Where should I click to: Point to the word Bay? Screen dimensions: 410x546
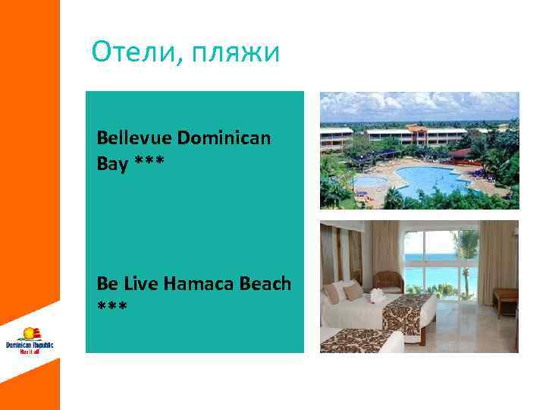coord(111,162)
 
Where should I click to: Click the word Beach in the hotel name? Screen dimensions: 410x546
coord(264,283)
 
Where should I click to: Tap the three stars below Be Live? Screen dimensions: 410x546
coord(112,307)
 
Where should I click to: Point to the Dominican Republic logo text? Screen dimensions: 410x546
coord(30,346)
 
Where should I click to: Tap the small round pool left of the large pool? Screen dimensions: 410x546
coord(369,181)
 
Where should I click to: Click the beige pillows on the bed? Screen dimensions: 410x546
coord(344,292)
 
